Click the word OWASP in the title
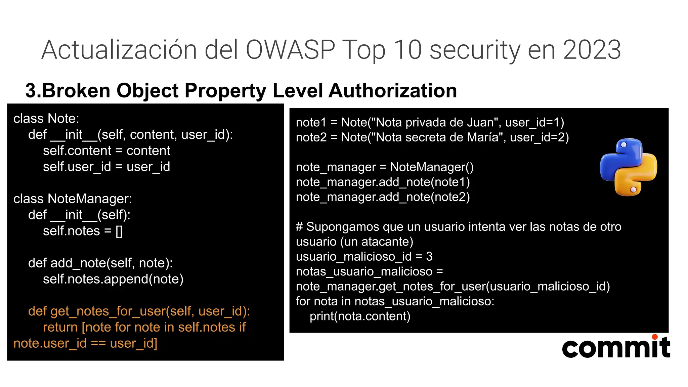pos(290,50)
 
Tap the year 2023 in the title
pos(592,50)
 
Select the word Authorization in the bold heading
pos(393,91)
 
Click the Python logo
pos(629,167)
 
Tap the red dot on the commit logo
pos(654,337)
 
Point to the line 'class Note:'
pos(46,119)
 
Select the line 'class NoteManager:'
pos(73,199)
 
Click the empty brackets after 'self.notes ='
pos(119,231)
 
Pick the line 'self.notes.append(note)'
pos(113,279)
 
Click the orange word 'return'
pos(60,327)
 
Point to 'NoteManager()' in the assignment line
pos(432,167)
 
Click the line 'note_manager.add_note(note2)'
pos(383,197)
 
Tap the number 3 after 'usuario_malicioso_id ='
pos(429,257)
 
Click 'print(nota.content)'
pos(360,316)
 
